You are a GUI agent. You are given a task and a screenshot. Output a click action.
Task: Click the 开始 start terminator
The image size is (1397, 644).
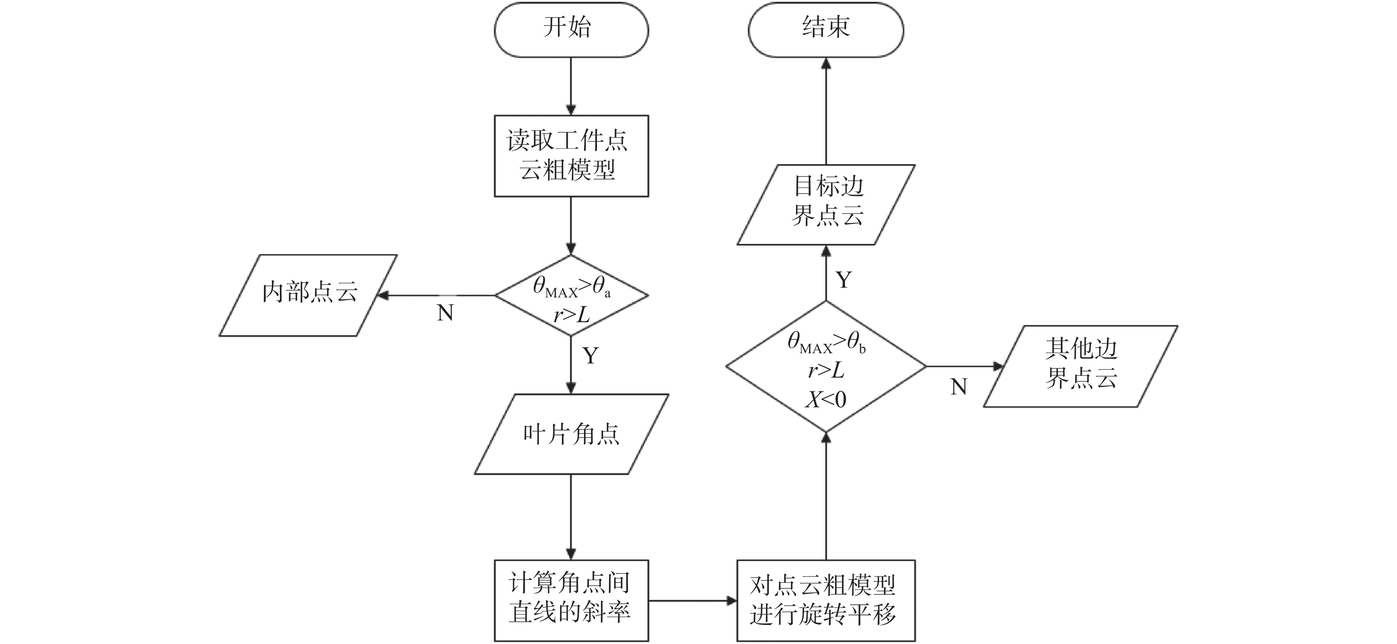[x=571, y=30]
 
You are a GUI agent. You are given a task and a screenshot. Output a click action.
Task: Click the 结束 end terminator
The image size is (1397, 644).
[x=825, y=30]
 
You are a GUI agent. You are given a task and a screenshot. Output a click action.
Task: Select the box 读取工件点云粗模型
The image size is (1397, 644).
[x=571, y=156]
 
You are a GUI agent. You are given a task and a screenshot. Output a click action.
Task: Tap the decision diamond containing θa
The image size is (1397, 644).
[x=571, y=296]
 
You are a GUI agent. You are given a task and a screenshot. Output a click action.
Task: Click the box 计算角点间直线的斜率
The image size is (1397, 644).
[x=571, y=600]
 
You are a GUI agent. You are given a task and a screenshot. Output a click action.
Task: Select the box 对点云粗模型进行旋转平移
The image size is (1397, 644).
[x=825, y=600]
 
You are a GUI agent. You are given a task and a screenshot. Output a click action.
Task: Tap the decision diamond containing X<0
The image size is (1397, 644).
[x=825, y=367]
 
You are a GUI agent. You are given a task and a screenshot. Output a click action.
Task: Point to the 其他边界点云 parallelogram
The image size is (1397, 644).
[x=1080, y=366]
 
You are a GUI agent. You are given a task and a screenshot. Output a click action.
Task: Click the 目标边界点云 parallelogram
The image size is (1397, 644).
[x=826, y=204]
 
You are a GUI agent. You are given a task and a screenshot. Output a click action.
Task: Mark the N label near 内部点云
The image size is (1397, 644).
[x=445, y=313]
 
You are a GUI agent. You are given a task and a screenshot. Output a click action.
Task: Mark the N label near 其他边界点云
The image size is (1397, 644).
[x=959, y=387]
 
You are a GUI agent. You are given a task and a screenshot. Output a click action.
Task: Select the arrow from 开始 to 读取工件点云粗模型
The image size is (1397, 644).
[x=571, y=86]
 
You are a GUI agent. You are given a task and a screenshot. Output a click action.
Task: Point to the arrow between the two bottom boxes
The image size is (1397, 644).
[x=693, y=601]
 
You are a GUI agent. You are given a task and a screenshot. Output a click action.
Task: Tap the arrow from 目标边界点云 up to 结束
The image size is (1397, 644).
[x=826, y=111]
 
